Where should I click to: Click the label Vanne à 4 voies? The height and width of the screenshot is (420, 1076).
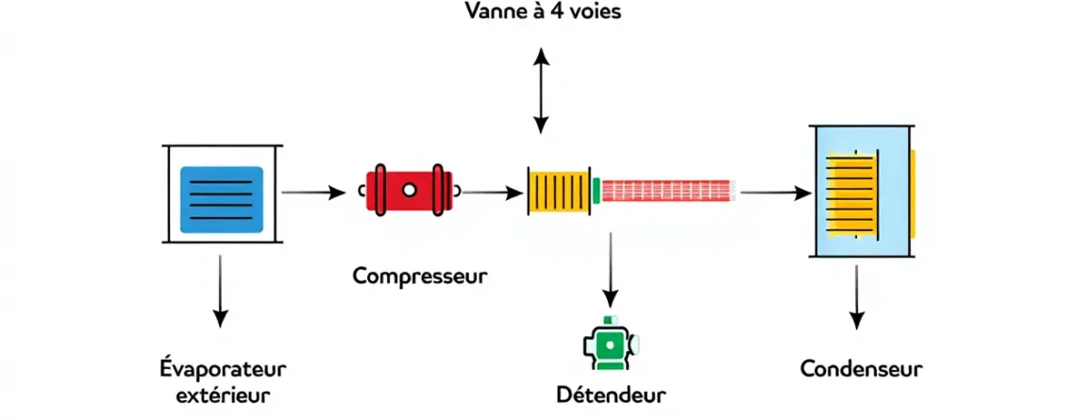click(x=544, y=14)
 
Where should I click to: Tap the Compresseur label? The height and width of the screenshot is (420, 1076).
click(x=420, y=276)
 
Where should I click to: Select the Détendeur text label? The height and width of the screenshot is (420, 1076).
click(x=611, y=393)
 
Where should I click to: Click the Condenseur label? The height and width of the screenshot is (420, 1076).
click(x=861, y=368)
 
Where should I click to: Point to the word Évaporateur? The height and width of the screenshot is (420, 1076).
click(x=223, y=367)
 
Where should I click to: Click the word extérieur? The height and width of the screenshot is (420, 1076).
click(x=223, y=393)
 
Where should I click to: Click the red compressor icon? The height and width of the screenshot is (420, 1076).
click(x=410, y=191)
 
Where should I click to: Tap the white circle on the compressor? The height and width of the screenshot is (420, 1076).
click(x=410, y=191)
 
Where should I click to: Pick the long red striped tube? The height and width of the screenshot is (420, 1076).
click(x=667, y=191)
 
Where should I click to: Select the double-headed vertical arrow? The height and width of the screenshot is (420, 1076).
click(x=541, y=91)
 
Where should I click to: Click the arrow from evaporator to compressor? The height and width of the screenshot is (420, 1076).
click(x=313, y=193)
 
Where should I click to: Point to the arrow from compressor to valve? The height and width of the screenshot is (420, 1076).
click(x=492, y=193)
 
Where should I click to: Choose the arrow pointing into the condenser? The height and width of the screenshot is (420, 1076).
click(x=776, y=193)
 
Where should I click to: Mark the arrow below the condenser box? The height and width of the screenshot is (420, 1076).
click(x=857, y=296)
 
